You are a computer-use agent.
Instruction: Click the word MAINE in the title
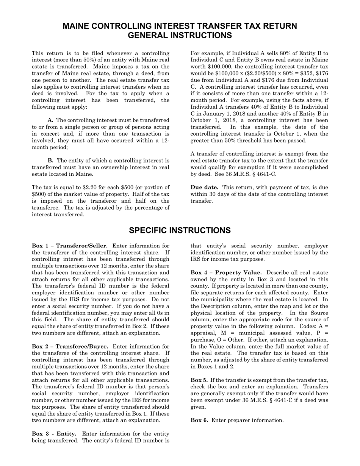(x=77, y=26)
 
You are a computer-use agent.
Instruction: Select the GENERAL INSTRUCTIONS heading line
(x=180, y=35)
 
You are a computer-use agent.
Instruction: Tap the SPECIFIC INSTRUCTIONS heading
(x=180, y=231)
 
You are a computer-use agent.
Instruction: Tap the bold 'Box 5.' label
(x=199, y=380)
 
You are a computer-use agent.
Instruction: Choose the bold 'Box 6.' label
(x=199, y=420)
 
